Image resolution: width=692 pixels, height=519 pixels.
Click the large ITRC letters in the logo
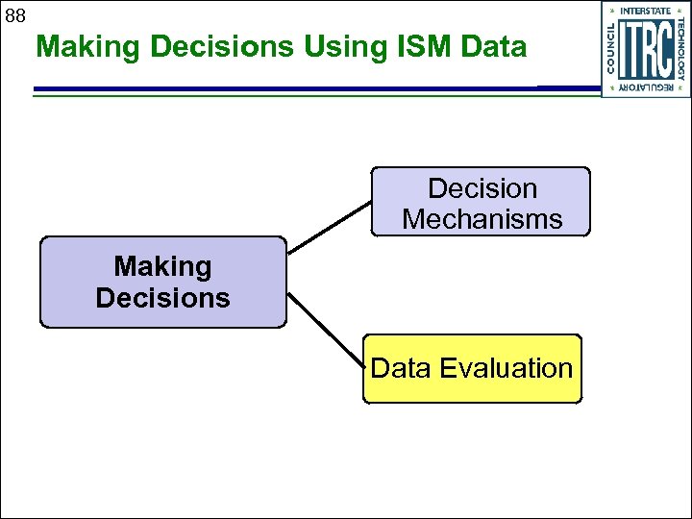645,50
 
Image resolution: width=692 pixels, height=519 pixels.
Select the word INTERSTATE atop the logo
646,11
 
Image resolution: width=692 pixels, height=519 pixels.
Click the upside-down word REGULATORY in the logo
646,88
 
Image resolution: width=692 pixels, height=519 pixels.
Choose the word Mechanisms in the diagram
482,219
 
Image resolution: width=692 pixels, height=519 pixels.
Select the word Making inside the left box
162,266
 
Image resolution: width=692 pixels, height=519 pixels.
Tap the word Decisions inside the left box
162,298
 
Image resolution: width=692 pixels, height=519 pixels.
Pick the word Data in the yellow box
402,368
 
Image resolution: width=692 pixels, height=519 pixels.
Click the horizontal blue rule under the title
288,89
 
